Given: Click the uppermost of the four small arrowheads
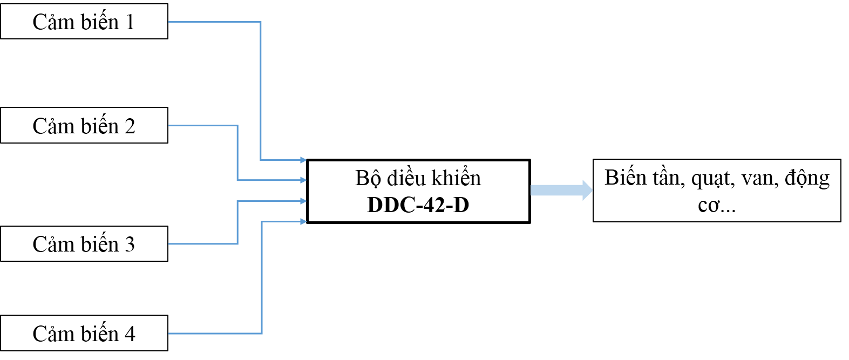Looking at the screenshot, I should [x=304, y=160].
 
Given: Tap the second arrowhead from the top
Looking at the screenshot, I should [x=304, y=180].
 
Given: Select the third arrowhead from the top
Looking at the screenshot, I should [x=304, y=201].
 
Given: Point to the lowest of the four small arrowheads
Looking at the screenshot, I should [x=304, y=221].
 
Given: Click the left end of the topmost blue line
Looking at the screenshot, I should [x=169, y=22].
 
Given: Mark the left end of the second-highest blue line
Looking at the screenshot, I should [x=169, y=126].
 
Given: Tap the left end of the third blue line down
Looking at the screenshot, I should [x=169, y=244].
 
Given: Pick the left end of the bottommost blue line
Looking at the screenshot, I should [x=169, y=334].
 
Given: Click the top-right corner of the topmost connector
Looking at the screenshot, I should [x=261, y=22].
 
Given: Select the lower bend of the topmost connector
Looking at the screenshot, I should [x=261, y=160].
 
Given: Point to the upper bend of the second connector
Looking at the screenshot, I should [x=237, y=126].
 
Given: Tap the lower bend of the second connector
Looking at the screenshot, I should [x=237, y=180].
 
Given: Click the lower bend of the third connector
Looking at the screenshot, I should [x=237, y=244].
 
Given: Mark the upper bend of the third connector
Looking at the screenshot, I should [x=237, y=201].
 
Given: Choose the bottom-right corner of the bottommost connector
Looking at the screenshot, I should [x=262, y=334].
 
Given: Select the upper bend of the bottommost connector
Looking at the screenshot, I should [x=262, y=221].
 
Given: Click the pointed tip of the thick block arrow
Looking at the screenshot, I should [x=592, y=190].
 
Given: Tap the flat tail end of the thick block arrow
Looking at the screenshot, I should [x=532, y=190].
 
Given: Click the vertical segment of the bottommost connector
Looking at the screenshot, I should [x=262, y=277].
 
